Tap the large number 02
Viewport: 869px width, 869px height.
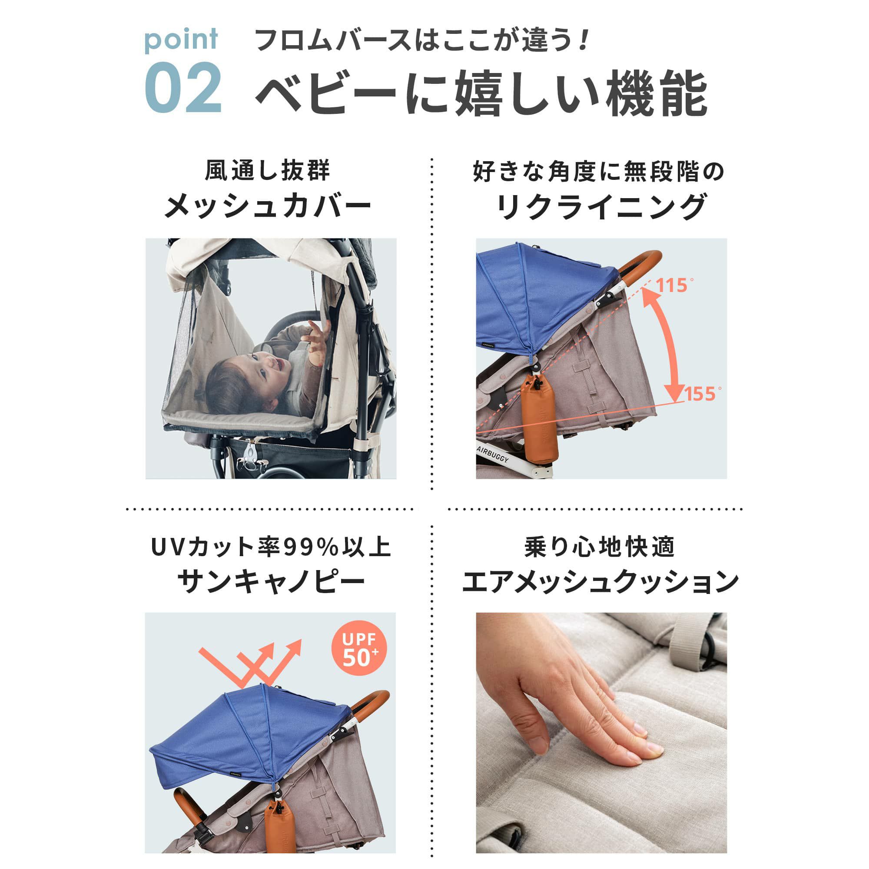[183, 88]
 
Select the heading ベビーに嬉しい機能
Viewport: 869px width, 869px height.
[482, 93]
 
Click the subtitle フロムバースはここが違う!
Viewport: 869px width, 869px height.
[421, 40]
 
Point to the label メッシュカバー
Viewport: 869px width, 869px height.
[268, 206]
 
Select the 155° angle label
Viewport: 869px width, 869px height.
[702, 394]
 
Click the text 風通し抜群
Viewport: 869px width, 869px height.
[268, 171]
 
